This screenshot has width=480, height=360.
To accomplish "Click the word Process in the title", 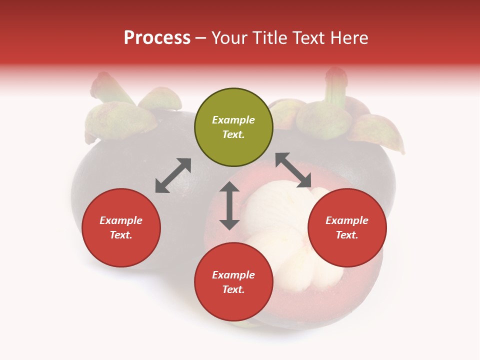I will point(157,38).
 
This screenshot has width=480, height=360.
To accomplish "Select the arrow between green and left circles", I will point(173,175).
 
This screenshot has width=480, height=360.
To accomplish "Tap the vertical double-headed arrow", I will point(229,205).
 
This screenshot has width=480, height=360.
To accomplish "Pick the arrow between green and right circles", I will point(293,170).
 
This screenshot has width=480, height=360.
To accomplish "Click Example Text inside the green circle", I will point(233,127).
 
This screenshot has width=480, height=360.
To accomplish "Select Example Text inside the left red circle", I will point(121,227).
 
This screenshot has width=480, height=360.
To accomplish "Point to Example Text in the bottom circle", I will point(233,282).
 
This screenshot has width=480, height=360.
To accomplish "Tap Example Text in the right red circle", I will point(347,227).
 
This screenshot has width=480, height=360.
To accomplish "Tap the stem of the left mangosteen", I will point(103,85).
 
